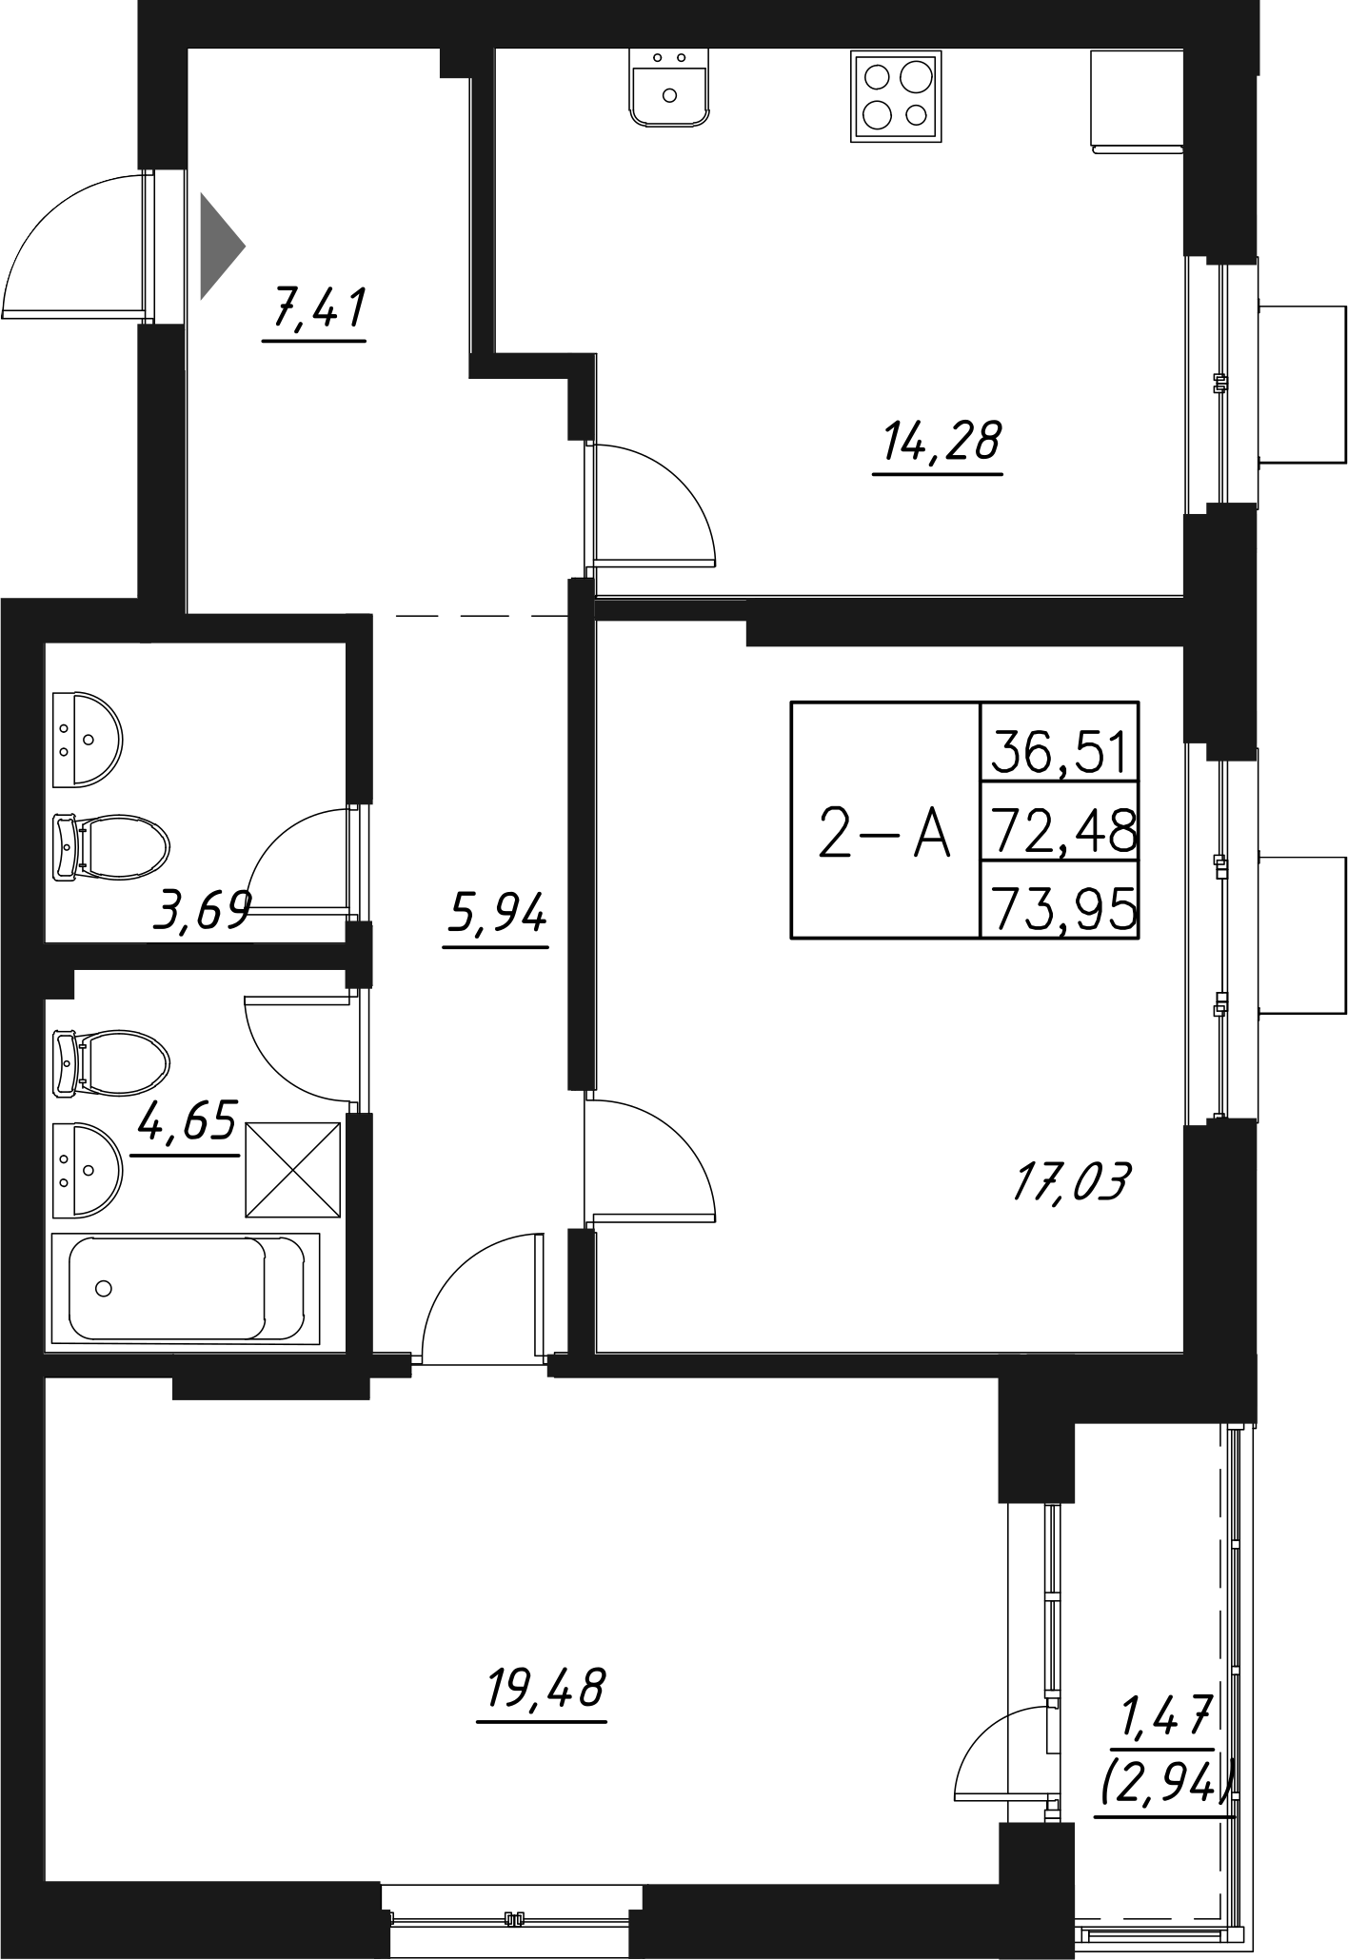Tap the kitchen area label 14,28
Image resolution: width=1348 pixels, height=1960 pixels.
pyautogui.click(x=937, y=441)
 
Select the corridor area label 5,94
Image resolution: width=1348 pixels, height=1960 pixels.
pyautogui.click(x=495, y=915)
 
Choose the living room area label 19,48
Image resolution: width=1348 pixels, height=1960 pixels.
pyautogui.click(x=545, y=1688)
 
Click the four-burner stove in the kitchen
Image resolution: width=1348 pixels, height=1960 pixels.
pyautogui.click(x=895, y=96)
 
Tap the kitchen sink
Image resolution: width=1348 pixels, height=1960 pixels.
pyautogui.click(x=668, y=87)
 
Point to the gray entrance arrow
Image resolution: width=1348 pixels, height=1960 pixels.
pyautogui.click(x=220, y=246)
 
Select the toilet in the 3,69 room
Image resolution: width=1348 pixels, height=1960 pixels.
pyautogui.click(x=109, y=844)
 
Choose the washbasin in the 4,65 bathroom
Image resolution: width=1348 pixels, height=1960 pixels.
pyautogui.click(x=87, y=1169)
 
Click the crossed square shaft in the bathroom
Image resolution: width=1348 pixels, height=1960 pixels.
pyautogui.click(x=293, y=1169)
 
